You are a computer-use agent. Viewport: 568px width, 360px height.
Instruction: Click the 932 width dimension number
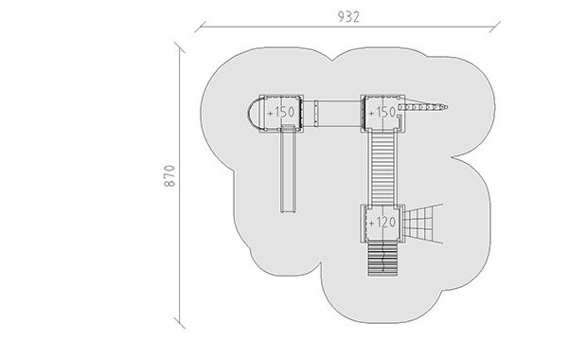pos(348,17)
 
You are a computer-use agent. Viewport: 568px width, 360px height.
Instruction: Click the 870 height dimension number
pos(169,176)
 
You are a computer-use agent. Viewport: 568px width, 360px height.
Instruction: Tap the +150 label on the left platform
pos(281,113)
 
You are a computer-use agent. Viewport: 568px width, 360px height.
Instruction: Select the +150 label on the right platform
pos(382,113)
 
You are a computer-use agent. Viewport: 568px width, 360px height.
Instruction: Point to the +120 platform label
pos(382,223)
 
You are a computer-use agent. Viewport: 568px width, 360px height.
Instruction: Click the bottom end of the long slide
pos(289,210)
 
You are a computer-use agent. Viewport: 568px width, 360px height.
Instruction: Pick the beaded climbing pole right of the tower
pos(423,107)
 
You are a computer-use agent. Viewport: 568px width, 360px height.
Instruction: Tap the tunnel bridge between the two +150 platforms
pos(332,113)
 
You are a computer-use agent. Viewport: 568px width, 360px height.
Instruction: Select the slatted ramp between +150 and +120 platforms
pos(382,168)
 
